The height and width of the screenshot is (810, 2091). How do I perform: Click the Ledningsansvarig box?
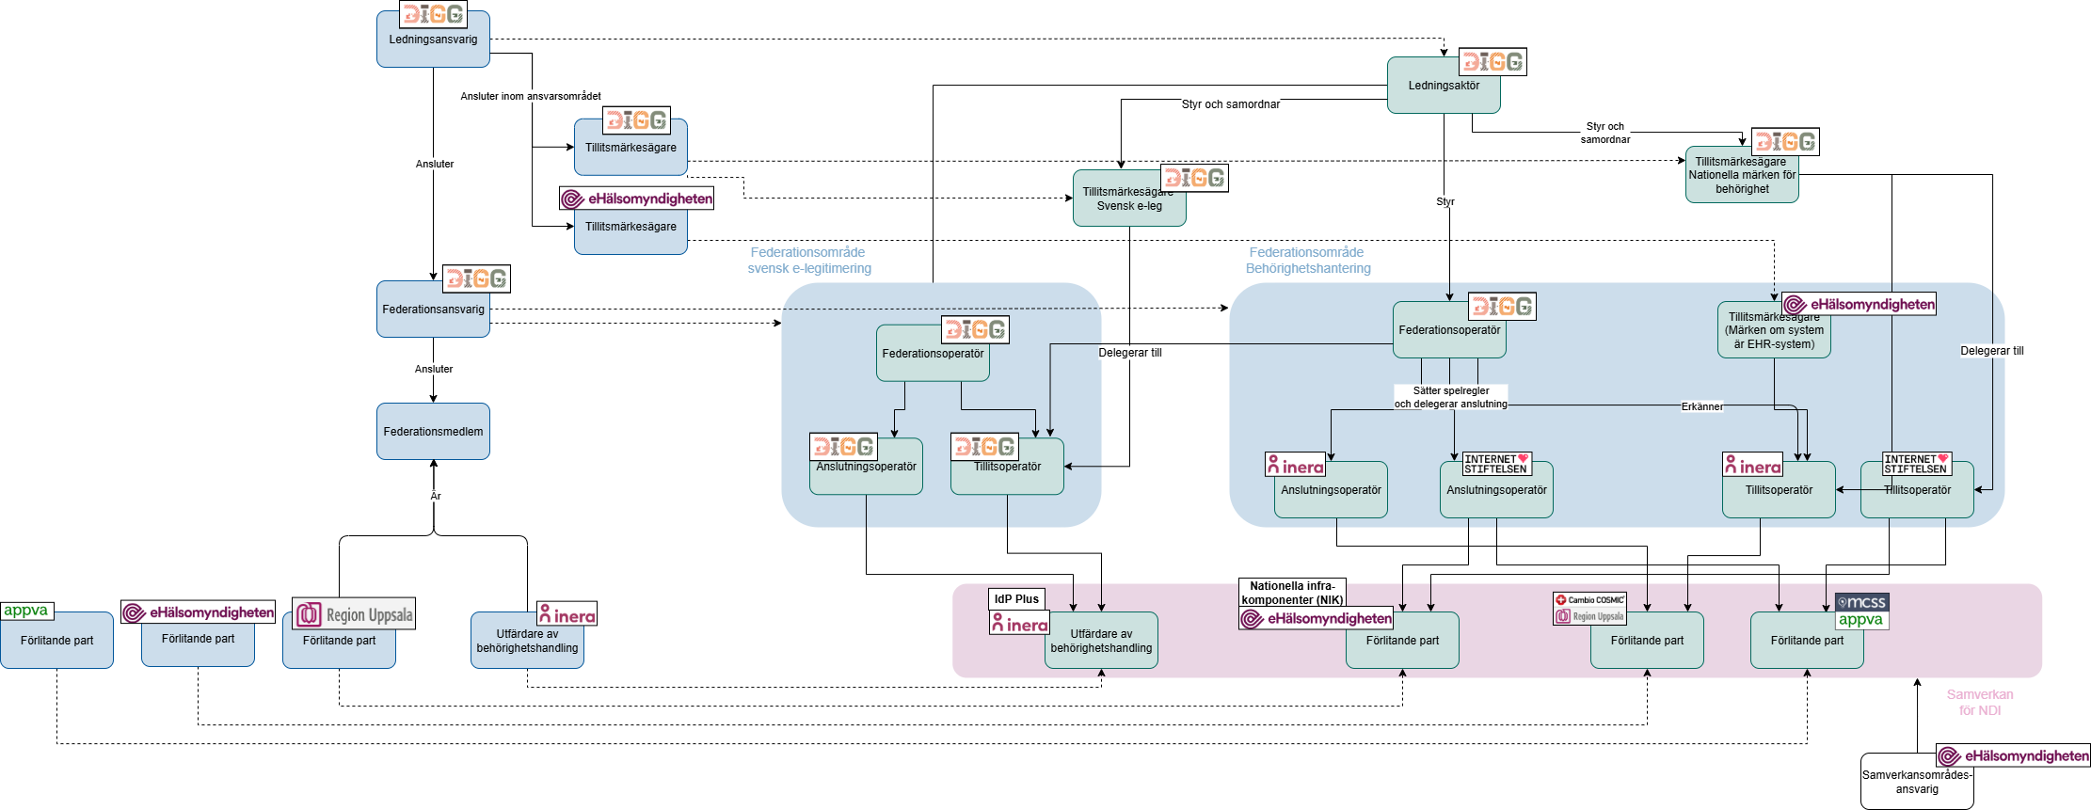pyautogui.click(x=433, y=40)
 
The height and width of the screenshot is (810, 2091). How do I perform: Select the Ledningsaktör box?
pyautogui.click(x=1444, y=86)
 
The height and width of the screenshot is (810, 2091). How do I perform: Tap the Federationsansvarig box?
pyautogui.click(x=433, y=310)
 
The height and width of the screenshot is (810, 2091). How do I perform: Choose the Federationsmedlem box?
pyautogui.click(x=433, y=432)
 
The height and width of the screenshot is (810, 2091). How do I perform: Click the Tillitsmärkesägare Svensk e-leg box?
pyautogui.click(x=1128, y=199)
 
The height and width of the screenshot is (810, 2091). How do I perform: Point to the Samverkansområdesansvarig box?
pyautogui.click(x=1917, y=782)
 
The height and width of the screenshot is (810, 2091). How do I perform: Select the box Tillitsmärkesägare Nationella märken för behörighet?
pyautogui.click(x=1742, y=176)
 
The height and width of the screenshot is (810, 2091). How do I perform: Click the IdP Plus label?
pyautogui.click(x=1016, y=599)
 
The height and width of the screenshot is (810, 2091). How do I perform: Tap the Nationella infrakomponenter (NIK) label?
pyautogui.click(x=1292, y=593)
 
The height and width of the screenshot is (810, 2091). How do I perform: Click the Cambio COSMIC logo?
pyautogui.click(x=1589, y=600)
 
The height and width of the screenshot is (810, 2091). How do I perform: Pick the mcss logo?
pyautogui.click(x=1861, y=602)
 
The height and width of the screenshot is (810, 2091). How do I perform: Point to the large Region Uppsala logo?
pyautogui.click(x=354, y=614)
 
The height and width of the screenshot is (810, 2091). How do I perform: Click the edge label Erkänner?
pyautogui.click(x=1702, y=406)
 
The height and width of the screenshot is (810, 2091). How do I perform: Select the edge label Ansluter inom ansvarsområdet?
pyautogui.click(x=531, y=96)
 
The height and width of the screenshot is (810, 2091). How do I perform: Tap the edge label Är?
pyautogui.click(x=436, y=496)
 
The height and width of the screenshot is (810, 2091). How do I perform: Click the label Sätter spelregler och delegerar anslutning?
pyautogui.click(x=1450, y=397)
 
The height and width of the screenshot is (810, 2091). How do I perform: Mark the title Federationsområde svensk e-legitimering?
pyautogui.click(x=809, y=261)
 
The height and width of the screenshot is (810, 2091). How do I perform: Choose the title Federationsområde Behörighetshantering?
pyautogui.click(x=1308, y=261)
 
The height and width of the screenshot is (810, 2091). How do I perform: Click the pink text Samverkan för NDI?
pyautogui.click(x=1980, y=703)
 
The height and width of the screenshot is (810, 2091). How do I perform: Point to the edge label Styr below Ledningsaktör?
pyautogui.click(x=1445, y=201)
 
